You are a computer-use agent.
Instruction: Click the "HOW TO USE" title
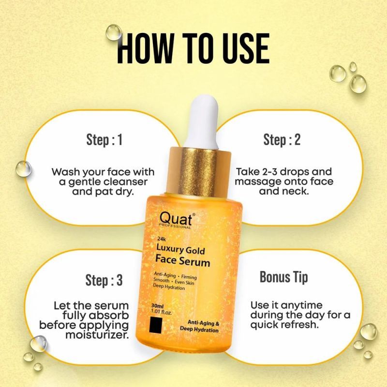point(193,49)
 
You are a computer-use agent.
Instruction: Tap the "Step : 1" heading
point(104,140)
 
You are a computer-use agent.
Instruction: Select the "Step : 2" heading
point(282,140)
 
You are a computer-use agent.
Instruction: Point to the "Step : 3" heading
point(104,280)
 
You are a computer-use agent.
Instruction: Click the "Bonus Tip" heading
point(284,277)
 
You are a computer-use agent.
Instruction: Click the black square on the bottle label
point(156,325)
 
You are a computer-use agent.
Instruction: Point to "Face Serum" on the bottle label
point(183,261)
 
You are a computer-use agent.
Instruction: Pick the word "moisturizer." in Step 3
point(97,335)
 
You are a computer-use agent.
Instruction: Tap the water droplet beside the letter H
point(114,32)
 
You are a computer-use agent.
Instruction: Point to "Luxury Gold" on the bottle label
point(180,249)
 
